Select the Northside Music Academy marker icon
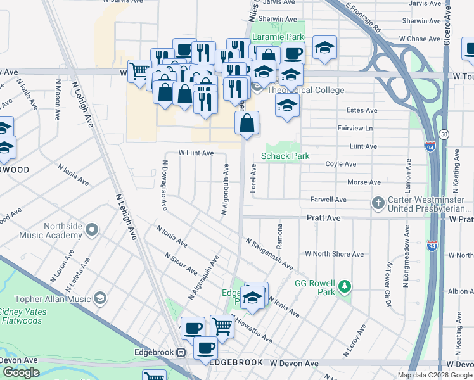pos(93,229)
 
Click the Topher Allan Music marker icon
pos(99,298)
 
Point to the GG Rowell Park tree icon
pos(345,287)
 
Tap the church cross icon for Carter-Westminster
pos(378,203)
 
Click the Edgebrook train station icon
pos(181,352)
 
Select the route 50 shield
pos(444,134)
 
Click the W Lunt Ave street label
pos(196,153)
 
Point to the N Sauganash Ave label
pos(270,253)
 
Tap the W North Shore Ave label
pos(334,254)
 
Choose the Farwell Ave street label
pos(328,199)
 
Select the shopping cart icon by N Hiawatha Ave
pos(222,326)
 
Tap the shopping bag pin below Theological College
pos(247,123)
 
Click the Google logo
pos(21,372)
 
